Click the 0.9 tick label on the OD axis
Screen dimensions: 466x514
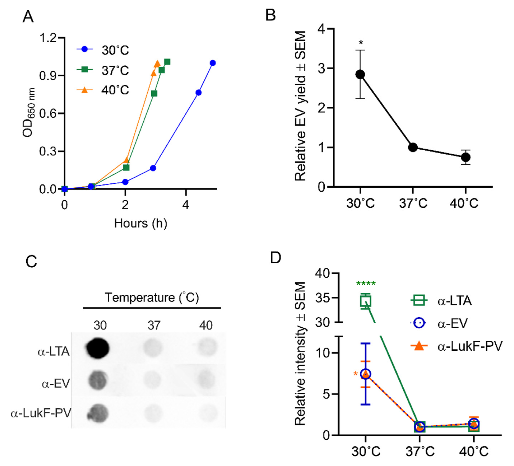(48, 76)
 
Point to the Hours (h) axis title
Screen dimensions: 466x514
(140, 223)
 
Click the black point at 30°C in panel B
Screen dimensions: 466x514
(360, 74)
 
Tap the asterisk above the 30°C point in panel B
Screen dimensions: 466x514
(361, 43)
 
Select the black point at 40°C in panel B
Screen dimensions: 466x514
(466, 157)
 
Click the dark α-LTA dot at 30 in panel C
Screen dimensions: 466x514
(98, 348)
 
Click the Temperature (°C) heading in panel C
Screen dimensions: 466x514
(152, 297)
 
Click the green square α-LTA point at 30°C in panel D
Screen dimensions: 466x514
(365, 301)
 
